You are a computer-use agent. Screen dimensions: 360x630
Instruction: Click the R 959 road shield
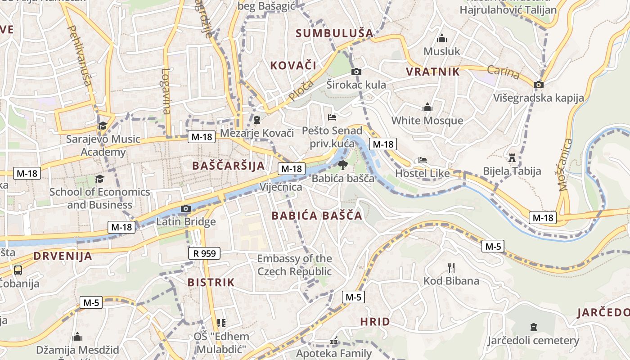pos(204,253)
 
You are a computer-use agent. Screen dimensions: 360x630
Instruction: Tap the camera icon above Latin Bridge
pos(185,208)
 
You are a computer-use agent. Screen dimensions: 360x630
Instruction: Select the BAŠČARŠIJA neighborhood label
pos(229,166)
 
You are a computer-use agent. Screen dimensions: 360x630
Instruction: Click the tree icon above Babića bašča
pos(343,165)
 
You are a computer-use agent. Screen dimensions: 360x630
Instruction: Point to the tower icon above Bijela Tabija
pos(512,158)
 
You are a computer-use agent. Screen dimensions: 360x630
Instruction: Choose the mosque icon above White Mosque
pos(427,107)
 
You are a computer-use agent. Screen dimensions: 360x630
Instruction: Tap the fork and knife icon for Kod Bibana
pos(451,268)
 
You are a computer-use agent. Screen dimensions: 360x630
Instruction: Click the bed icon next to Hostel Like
pos(422,160)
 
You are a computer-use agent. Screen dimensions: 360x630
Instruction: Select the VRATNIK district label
pos(433,72)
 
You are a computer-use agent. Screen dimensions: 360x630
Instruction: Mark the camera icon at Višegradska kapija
pos(538,85)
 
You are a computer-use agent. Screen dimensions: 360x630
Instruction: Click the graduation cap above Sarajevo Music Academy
pos(103,126)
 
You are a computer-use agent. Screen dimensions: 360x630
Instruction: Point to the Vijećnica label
pos(281,187)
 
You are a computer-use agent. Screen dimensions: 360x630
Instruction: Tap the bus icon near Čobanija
pos(18,270)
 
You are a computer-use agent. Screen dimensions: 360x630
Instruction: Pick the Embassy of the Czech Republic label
pos(294,265)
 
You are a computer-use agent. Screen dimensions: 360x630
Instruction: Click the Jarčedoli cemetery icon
pos(533,327)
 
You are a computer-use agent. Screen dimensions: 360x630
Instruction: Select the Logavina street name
pos(166,91)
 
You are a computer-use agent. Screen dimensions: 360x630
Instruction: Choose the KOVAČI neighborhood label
pos(293,65)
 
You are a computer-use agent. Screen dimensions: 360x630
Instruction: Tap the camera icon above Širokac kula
pos(356,72)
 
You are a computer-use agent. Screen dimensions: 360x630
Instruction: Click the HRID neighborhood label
pos(375,322)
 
